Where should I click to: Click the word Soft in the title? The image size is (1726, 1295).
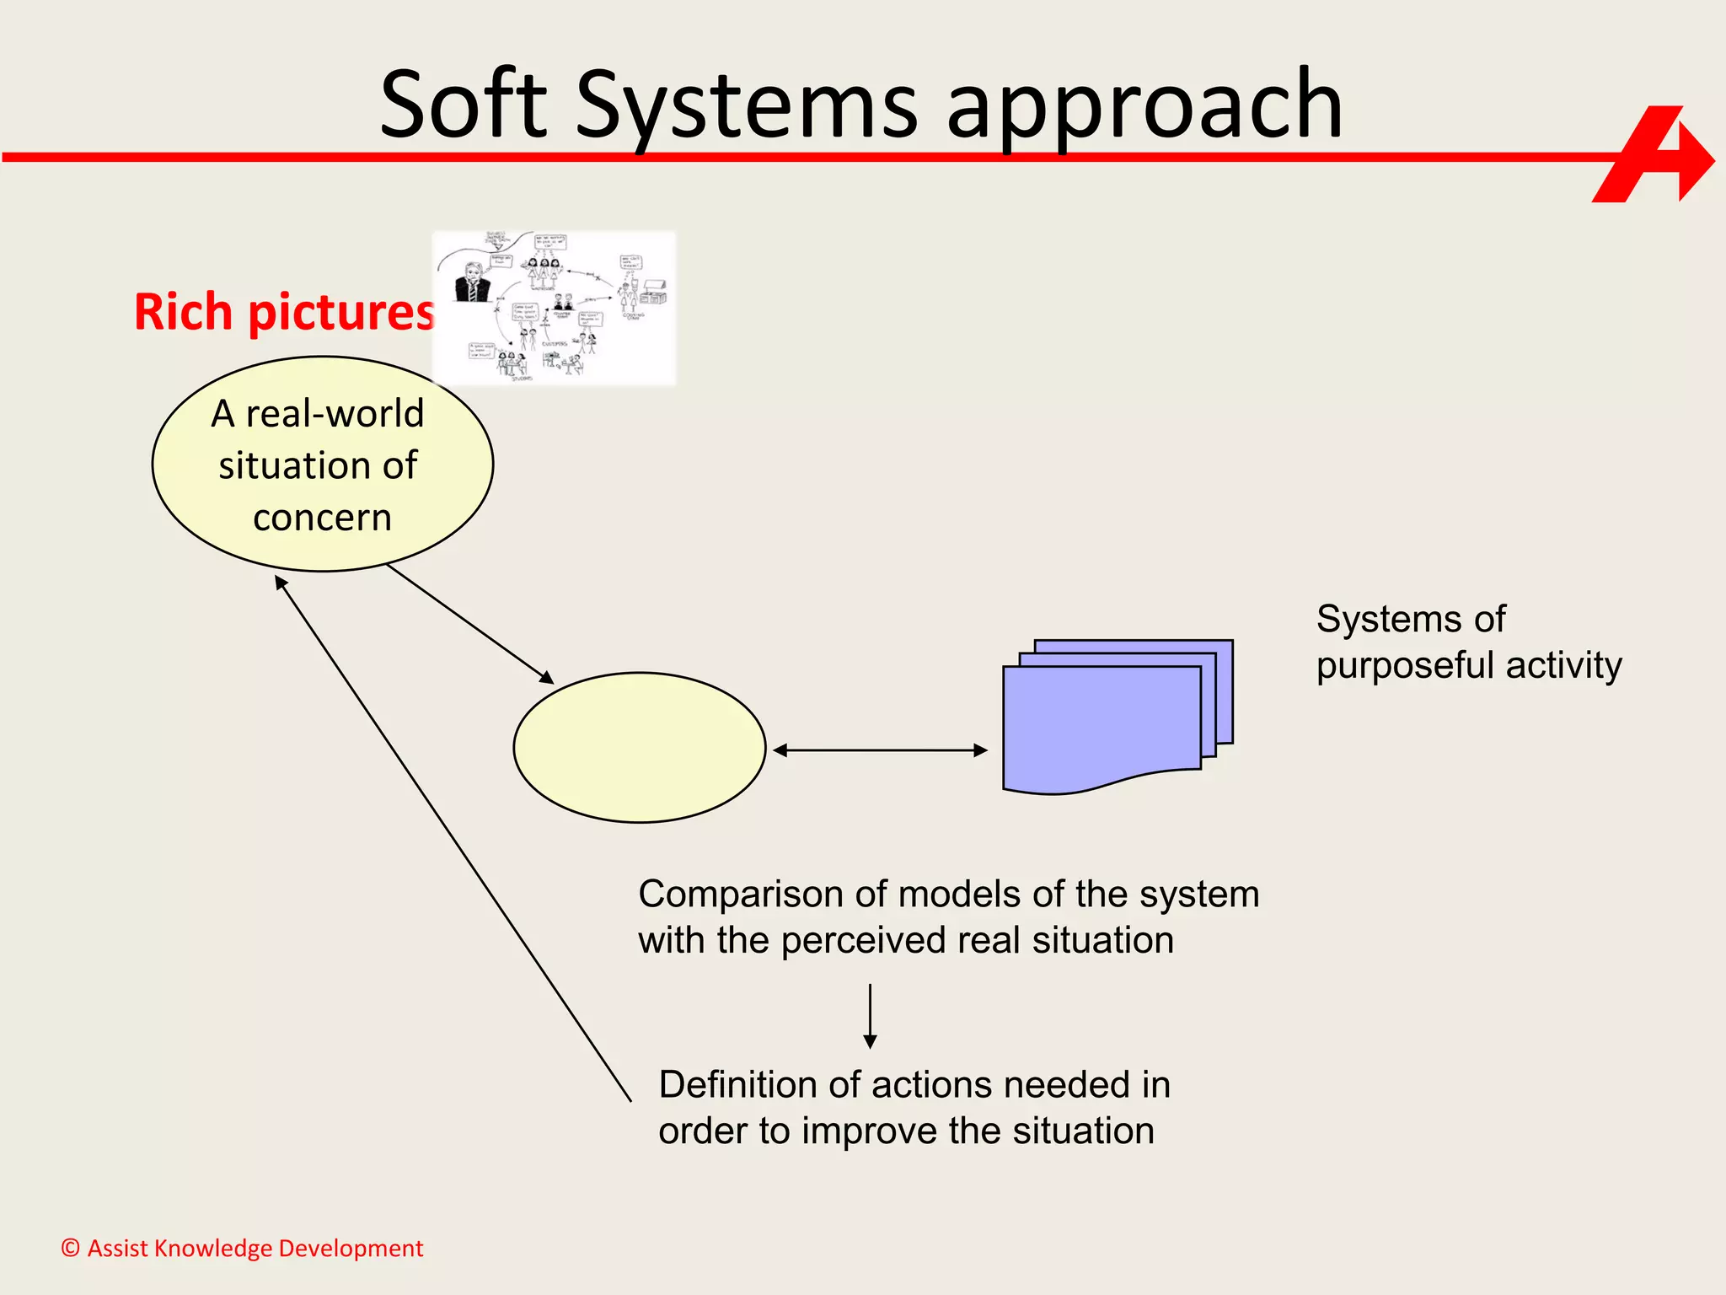pos(464,105)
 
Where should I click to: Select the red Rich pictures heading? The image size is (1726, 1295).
pos(284,313)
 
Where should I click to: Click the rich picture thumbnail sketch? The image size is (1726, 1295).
pos(554,309)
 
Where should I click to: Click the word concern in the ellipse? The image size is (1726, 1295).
pos(322,518)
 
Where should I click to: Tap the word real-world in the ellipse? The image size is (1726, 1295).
pos(335,414)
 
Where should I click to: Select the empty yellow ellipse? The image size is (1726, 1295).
pos(640,747)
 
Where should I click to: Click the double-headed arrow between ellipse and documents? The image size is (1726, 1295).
pos(880,750)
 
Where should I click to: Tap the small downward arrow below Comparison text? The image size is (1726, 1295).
pos(870,1016)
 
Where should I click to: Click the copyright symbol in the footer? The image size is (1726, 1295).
pos(71,1248)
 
